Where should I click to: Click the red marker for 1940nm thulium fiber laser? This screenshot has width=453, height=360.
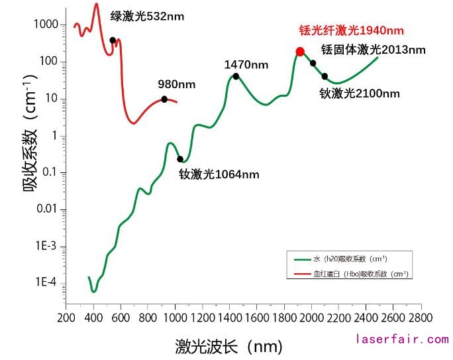click(x=300, y=52)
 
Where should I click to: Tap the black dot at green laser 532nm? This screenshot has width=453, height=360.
click(x=113, y=40)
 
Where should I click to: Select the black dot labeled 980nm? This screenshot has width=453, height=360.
click(x=164, y=99)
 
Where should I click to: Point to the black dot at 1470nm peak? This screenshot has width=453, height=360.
click(x=236, y=76)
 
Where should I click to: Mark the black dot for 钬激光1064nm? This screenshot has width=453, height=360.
click(x=180, y=159)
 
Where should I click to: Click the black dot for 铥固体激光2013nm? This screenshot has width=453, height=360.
click(x=313, y=64)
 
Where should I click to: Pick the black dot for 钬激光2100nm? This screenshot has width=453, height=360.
click(x=325, y=76)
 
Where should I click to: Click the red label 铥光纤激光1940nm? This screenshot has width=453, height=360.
click(x=351, y=30)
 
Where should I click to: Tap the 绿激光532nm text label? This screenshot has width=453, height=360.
click(x=147, y=17)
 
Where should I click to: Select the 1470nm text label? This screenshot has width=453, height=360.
click(x=246, y=64)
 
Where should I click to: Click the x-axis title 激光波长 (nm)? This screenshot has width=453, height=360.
click(x=228, y=346)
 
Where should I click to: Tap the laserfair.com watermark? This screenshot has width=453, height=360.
click(x=402, y=339)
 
